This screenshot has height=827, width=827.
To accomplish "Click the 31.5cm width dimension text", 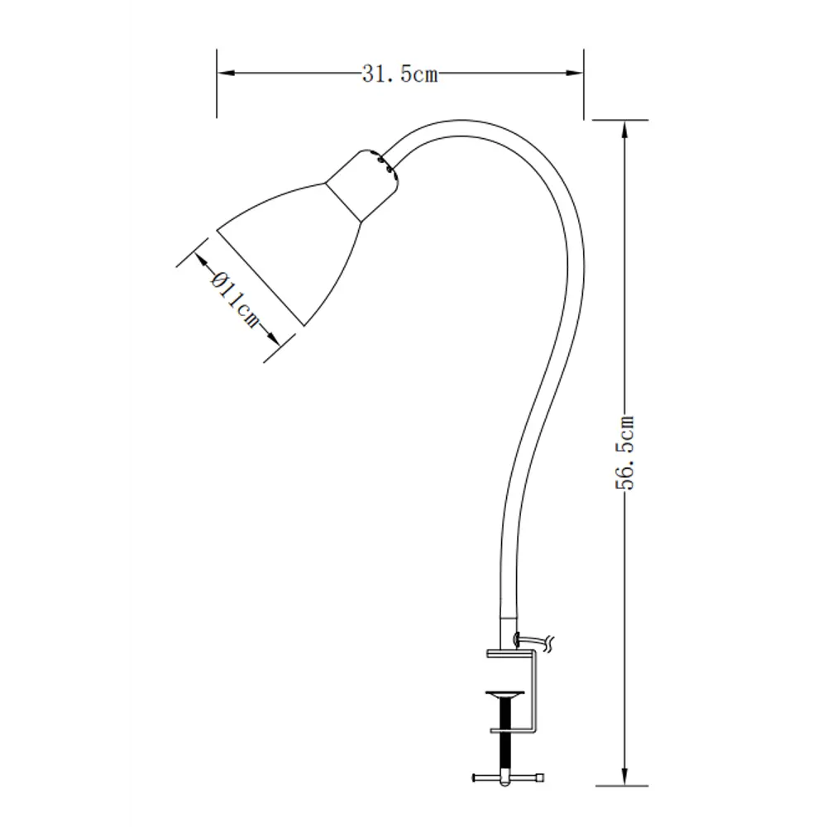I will click(399, 74).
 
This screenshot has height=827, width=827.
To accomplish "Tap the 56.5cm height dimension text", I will click(626, 453).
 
